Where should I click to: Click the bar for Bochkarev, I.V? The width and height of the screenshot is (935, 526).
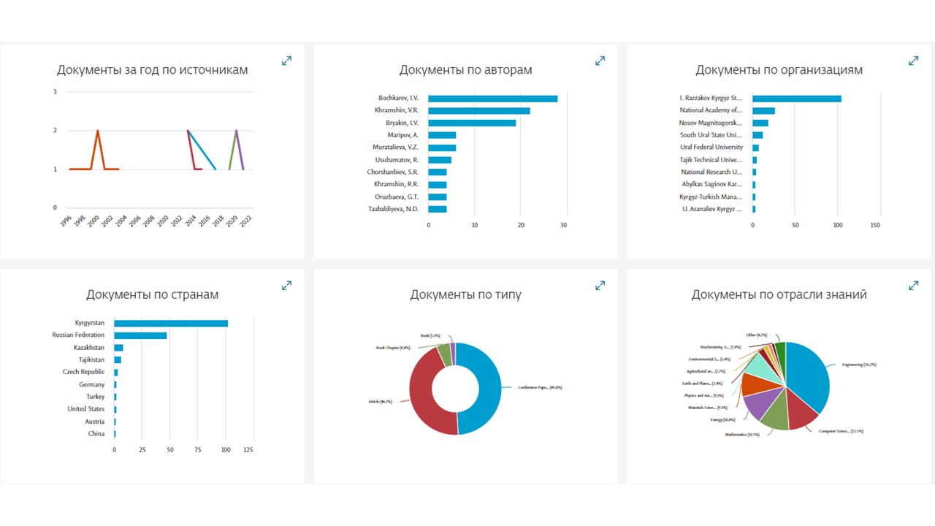click(x=492, y=99)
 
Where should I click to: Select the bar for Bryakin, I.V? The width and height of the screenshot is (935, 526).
click(x=472, y=123)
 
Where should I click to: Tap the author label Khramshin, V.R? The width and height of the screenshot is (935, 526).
click(x=397, y=110)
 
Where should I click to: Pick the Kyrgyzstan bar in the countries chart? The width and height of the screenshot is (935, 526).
click(x=171, y=323)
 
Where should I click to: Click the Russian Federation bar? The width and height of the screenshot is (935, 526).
click(x=140, y=335)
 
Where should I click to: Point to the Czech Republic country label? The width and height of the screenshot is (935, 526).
click(x=83, y=372)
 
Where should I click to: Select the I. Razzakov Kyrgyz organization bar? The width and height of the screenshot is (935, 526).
click(x=796, y=99)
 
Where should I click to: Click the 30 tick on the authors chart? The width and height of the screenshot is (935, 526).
click(x=563, y=225)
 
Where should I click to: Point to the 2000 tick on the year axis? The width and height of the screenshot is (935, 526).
click(x=93, y=222)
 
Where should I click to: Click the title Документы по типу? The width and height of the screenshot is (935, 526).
click(x=465, y=295)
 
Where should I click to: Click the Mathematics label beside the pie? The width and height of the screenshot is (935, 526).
click(x=742, y=434)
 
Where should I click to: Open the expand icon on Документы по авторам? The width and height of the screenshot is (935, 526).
click(x=600, y=61)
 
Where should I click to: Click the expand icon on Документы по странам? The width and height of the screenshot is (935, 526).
click(x=286, y=286)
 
